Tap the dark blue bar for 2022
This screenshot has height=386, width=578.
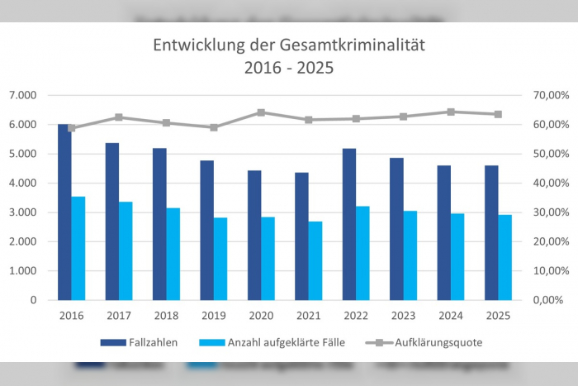pyautogui.click(x=349, y=224)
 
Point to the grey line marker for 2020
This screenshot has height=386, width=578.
pyautogui.click(x=261, y=112)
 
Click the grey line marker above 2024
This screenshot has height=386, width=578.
pyautogui.click(x=451, y=112)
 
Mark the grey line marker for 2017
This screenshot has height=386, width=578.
pyautogui.click(x=119, y=117)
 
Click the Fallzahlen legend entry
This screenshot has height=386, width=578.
pyautogui.click(x=138, y=341)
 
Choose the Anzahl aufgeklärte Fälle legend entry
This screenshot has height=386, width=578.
pyautogui.click(x=263, y=341)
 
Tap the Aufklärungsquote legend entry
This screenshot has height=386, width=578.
pyautogui.click(x=429, y=341)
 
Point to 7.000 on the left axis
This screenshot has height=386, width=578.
pyautogui.click(x=22, y=95)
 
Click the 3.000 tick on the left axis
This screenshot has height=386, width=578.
pyautogui.click(x=22, y=212)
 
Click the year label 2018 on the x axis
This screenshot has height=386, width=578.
pyautogui.click(x=167, y=315)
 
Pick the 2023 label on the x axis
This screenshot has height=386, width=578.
pyautogui.click(x=404, y=315)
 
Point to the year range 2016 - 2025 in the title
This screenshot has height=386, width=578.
pyautogui.click(x=289, y=68)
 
